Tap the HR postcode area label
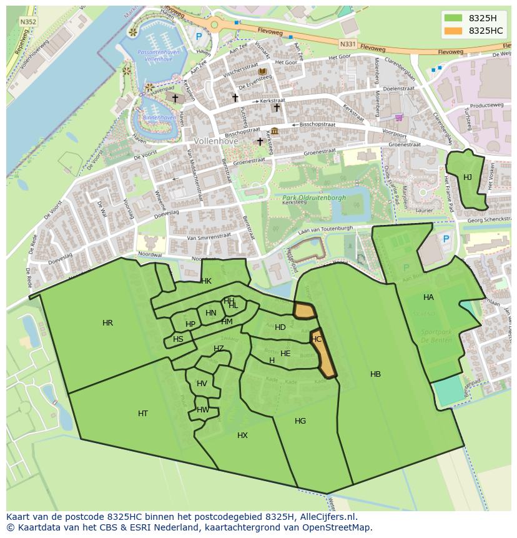point(107,323)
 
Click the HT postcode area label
point(143,414)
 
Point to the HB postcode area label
point(375,374)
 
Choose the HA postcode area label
point(428,297)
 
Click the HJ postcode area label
point(467,177)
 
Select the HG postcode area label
point(300,421)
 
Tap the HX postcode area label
point(242,436)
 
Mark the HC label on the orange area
point(317,339)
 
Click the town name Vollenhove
point(216,141)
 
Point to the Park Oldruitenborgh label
point(310,198)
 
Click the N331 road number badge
point(348,44)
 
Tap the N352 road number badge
point(27,21)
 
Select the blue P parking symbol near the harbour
point(199,37)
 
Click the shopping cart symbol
point(398,117)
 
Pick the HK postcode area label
point(206,281)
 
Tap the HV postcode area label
point(202,384)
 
